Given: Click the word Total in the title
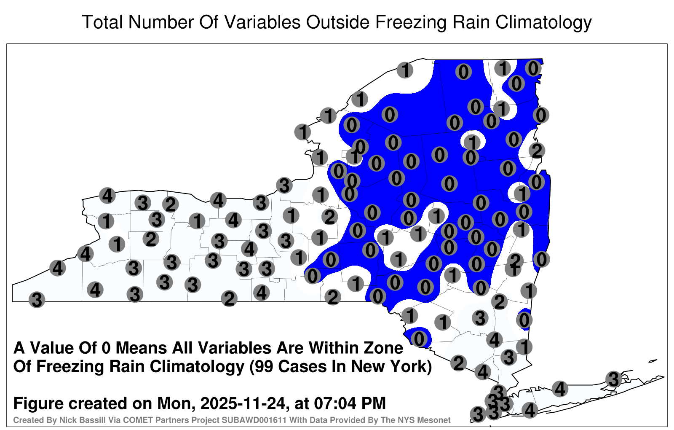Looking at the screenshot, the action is (102, 22).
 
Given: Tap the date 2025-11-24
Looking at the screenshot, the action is (242, 403).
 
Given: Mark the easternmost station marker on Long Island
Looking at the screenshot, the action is (613, 379).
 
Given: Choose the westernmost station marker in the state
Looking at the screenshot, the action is (37, 300).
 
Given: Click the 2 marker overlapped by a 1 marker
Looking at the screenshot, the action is (516, 260).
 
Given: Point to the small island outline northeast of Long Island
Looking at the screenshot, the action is (653, 361).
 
